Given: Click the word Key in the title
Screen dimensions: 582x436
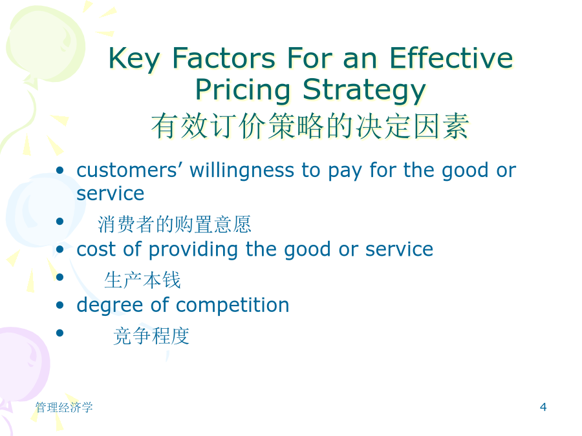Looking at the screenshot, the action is click(135, 59).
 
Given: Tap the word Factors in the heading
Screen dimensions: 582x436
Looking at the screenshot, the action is click(224, 58).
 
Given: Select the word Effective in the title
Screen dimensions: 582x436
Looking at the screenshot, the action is click(451, 58).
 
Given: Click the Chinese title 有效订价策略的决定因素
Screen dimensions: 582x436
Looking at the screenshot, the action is click(310, 126).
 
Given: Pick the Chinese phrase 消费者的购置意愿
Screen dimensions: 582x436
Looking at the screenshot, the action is click(175, 224).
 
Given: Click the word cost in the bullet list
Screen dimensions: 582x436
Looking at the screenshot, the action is click(96, 249).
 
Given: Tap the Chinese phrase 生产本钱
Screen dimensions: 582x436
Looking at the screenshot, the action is click(142, 280).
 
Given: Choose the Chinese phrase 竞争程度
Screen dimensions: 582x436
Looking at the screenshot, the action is click(151, 336).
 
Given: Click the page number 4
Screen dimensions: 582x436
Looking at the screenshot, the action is click(543, 407).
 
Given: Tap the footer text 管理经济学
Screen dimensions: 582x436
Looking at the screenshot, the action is click(64, 408).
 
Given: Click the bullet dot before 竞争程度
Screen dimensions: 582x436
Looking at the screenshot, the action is click(59, 333).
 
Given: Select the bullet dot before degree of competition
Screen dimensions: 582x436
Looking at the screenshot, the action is click(59, 305).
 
